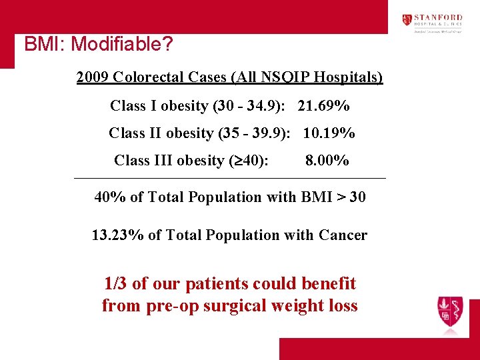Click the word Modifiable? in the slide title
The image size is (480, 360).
pos(122,45)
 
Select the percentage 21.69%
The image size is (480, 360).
pos(324,106)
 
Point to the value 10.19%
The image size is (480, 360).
pos(329,133)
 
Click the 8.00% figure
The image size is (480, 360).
pos(327,161)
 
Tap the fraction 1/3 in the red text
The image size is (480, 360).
pos(116,284)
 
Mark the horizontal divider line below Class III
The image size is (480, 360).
pos(230,179)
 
